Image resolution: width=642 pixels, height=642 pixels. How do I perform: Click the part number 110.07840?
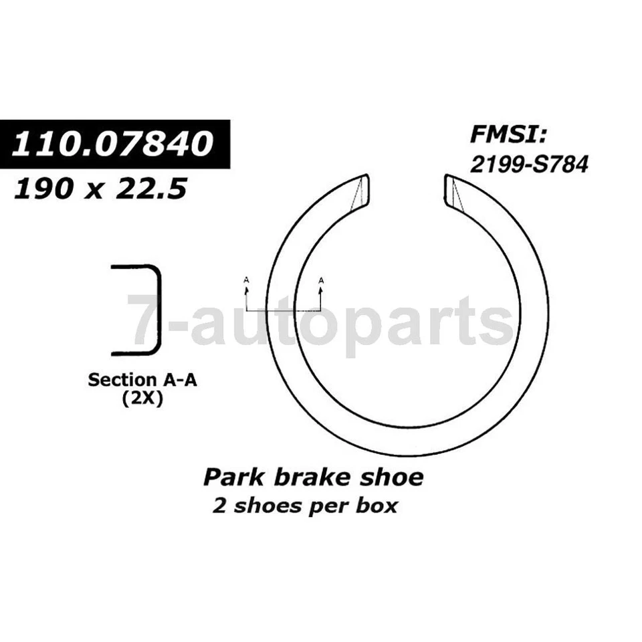pos(114,144)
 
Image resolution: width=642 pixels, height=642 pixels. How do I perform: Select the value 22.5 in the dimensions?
pos(148,189)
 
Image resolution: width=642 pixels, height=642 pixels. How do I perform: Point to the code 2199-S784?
pos(528,164)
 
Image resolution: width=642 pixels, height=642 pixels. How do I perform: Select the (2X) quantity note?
pos(142,399)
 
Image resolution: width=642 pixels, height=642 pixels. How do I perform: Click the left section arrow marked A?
pos(246,289)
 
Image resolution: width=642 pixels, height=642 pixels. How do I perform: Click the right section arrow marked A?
pos(321,289)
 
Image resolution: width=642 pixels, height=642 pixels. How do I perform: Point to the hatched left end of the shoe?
pos(360,192)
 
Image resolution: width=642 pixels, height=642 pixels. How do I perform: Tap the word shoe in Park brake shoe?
pos(392,477)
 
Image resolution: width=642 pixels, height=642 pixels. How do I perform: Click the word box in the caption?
pos(376,505)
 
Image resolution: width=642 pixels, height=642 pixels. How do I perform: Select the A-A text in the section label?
pos(179,380)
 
